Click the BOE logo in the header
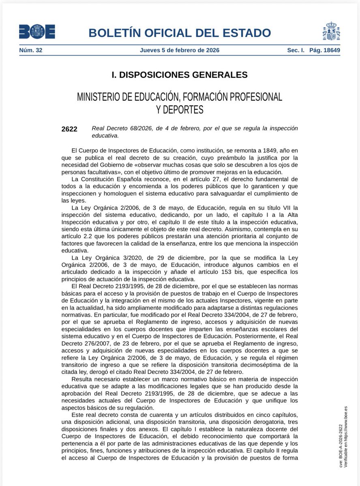(x=37, y=32)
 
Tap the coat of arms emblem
(x=331, y=31)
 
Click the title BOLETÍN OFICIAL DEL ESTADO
(x=180, y=33)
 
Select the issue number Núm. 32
(x=31, y=50)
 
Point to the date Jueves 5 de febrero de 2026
(x=180, y=50)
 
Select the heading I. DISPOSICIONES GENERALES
(x=180, y=75)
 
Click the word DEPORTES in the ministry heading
(x=180, y=109)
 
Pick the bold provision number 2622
(x=69, y=129)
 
